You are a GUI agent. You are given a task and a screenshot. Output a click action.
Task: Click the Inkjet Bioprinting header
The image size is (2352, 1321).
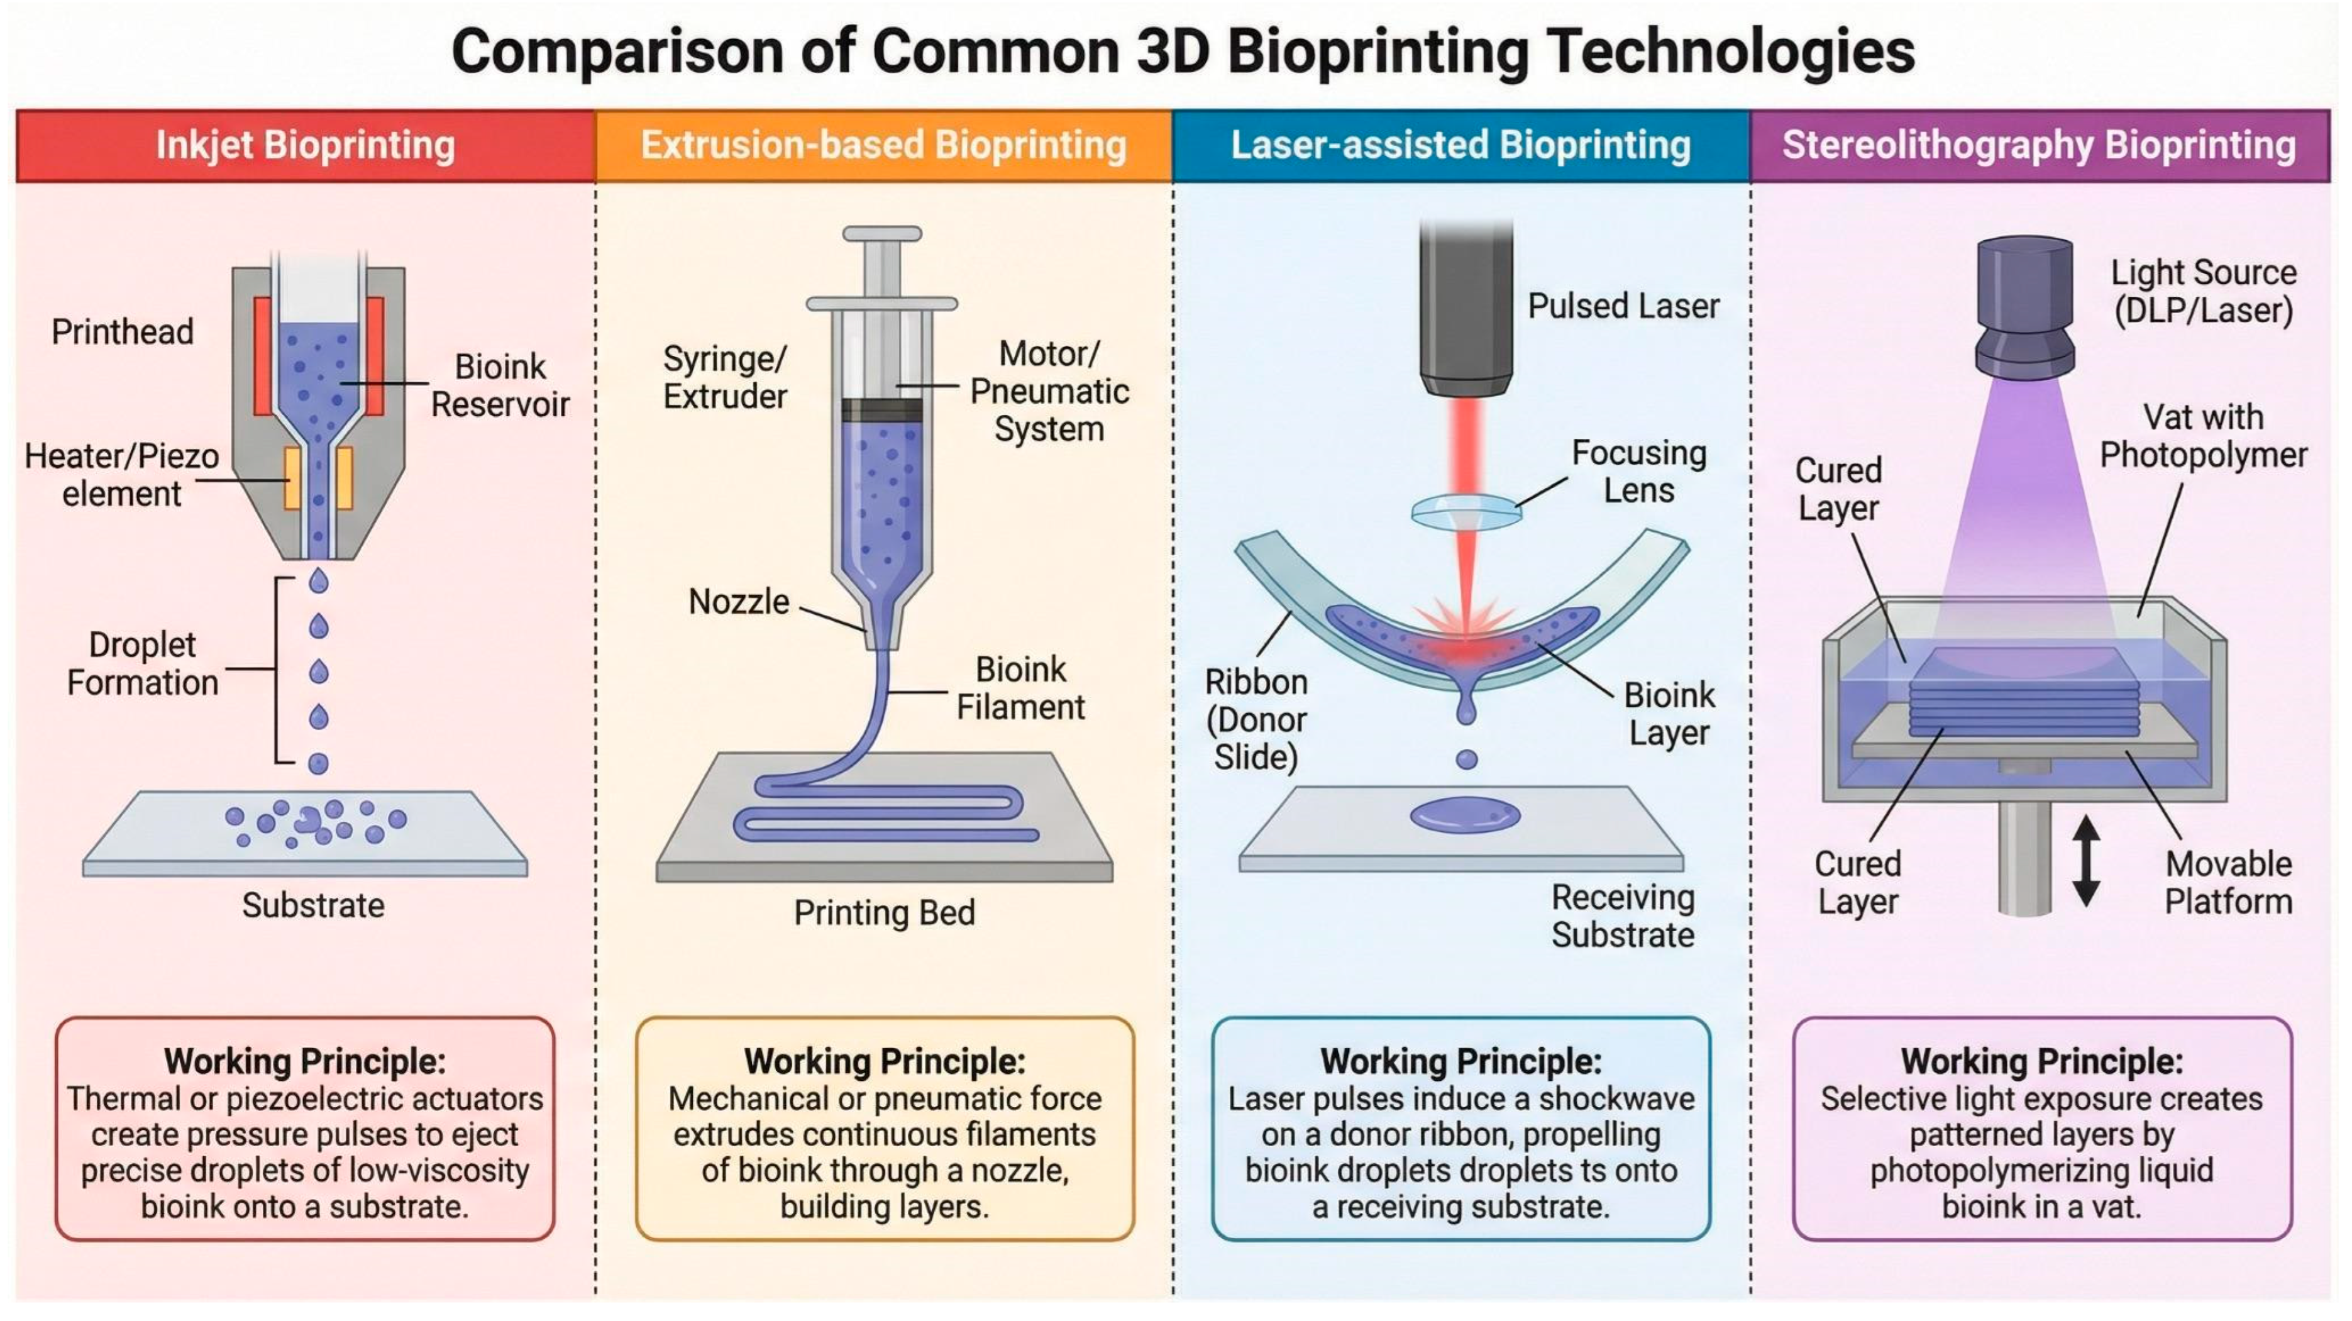[x=305, y=145]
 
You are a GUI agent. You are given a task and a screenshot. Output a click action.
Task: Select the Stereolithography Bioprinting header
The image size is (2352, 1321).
[x=2039, y=145]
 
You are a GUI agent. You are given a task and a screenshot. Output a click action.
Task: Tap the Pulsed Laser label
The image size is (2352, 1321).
[x=1623, y=306]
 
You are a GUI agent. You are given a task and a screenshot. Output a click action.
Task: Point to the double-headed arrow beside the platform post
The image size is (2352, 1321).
[x=2085, y=860]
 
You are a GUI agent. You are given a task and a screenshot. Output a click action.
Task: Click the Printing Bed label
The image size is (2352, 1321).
[x=884, y=912]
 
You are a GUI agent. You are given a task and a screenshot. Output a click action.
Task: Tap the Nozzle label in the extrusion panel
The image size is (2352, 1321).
[x=737, y=602]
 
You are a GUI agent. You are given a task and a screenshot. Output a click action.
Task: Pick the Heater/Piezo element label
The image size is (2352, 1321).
[x=121, y=475]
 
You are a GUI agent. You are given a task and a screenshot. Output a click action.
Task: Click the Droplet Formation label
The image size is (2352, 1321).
[x=143, y=664]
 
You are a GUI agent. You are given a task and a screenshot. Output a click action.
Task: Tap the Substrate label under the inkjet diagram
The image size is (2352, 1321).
[x=313, y=905]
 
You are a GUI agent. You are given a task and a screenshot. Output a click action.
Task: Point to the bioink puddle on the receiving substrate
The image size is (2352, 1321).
[x=1464, y=814]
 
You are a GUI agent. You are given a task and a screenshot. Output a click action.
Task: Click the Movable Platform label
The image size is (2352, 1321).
[x=2228, y=882]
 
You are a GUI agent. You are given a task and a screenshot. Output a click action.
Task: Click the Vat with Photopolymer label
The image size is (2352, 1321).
[x=2202, y=436]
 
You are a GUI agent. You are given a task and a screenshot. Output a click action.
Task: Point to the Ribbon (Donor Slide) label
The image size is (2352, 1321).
[x=1256, y=719]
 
